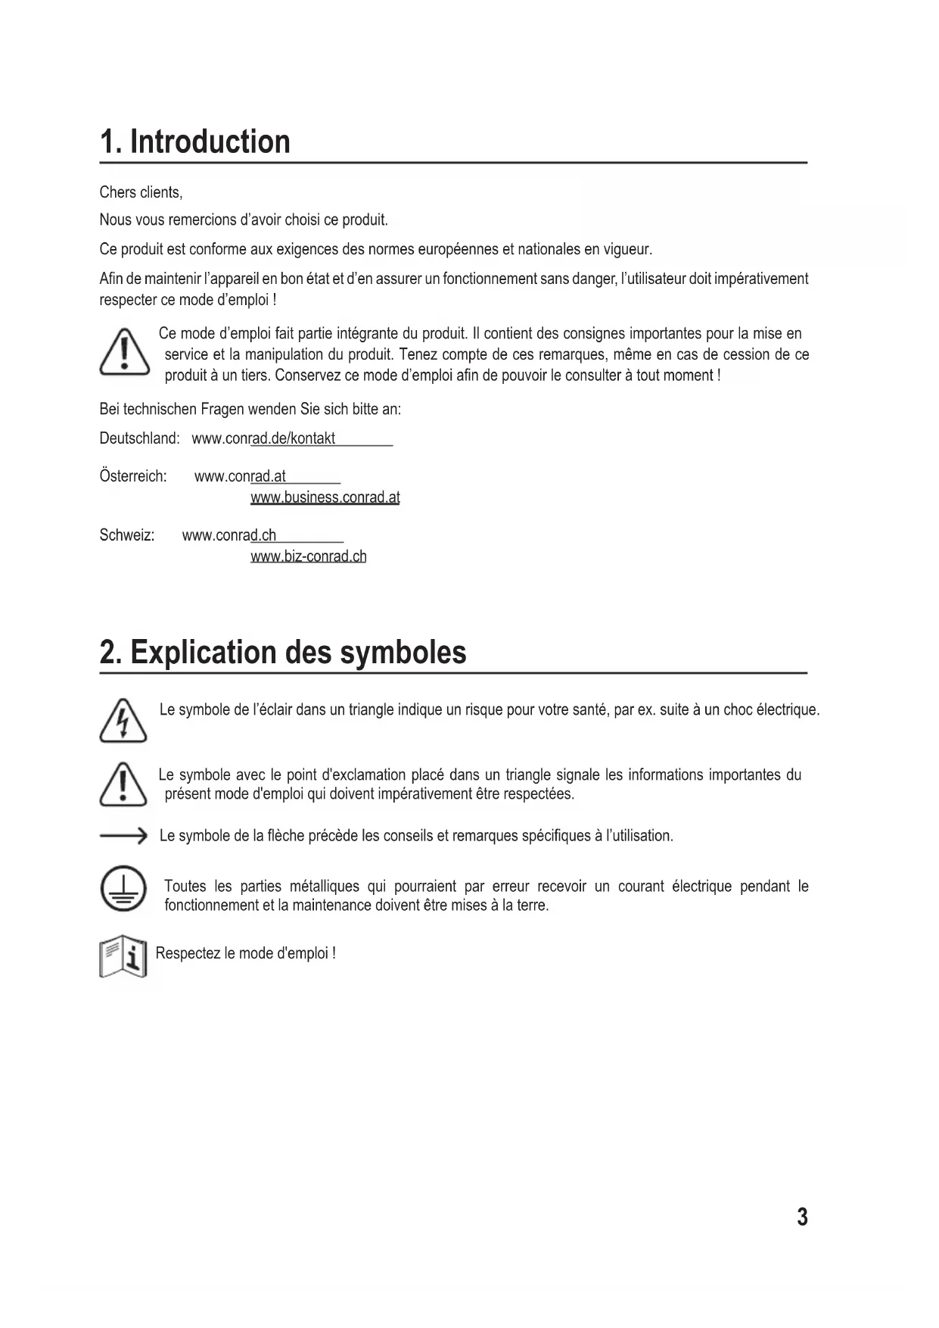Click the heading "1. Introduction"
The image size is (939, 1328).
pos(195,142)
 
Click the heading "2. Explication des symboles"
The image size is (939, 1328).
pos(283,652)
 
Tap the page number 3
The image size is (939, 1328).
pos(802,1217)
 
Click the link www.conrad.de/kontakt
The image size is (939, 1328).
pos(263,438)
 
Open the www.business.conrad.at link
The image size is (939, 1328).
pos(325,497)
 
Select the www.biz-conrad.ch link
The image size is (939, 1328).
pos(308,556)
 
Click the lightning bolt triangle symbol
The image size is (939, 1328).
pos(123,722)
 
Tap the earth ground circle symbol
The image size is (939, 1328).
pos(123,888)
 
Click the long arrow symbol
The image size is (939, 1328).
pos(123,836)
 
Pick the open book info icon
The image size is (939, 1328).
pos(123,956)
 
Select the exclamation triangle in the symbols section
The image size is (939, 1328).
pos(123,784)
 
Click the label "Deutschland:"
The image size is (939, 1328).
pos(139,438)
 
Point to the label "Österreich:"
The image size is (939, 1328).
pos(133,476)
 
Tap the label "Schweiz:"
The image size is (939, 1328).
pos(127,535)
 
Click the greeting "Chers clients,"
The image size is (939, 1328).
pos(141,192)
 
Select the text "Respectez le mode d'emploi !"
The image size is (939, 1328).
pos(245,953)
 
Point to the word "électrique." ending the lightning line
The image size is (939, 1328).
pos(788,709)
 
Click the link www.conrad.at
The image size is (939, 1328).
pos(240,476)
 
